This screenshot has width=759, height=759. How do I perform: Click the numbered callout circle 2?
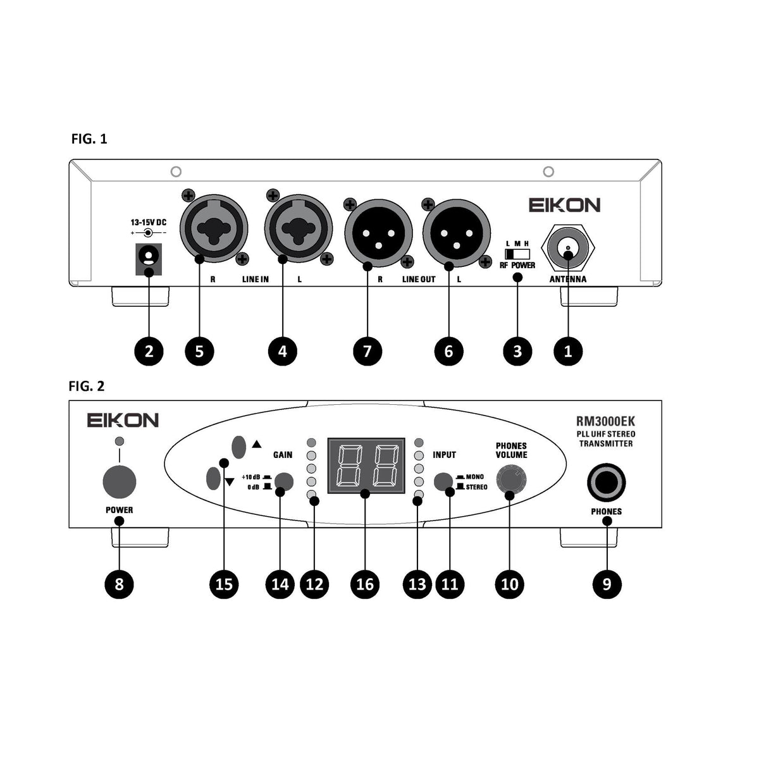point(149,350)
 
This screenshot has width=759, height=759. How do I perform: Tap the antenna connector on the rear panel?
point(567,249)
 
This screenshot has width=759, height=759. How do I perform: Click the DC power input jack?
point(149,258)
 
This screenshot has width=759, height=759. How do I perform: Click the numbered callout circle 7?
point(367,350)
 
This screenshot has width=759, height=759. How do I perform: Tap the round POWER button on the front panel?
point(120,483)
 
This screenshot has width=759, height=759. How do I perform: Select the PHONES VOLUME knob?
point(510,481)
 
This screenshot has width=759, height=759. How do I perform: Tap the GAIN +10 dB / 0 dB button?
point(284,482)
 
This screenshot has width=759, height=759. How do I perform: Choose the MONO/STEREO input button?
point(443,481)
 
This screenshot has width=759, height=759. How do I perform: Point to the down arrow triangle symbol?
point(229,483)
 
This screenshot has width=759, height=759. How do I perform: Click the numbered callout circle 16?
point(365,584)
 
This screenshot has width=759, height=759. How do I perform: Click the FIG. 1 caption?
point(89,139)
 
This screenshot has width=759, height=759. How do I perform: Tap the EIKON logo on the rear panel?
point(564,205)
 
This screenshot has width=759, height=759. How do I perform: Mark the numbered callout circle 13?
point(417,584)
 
